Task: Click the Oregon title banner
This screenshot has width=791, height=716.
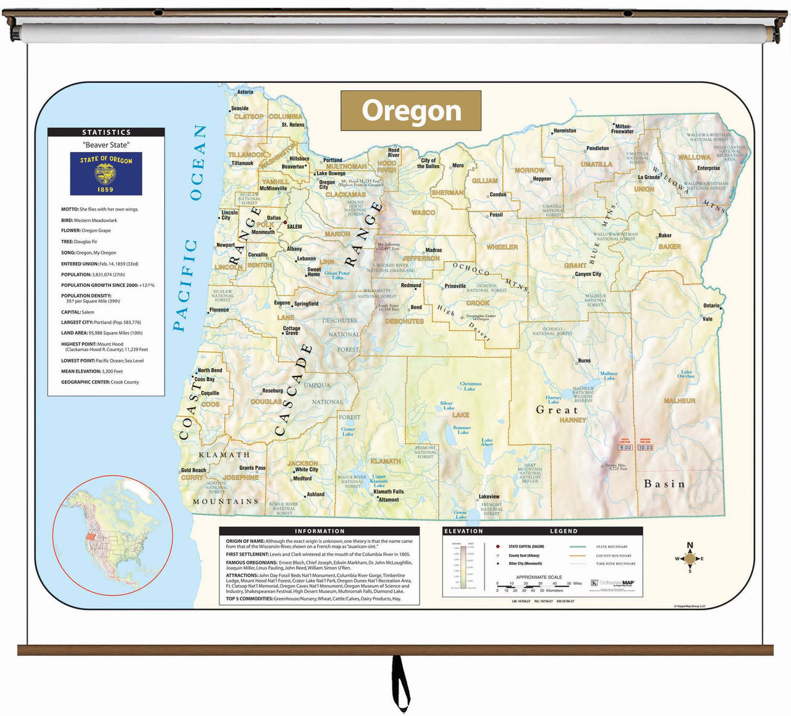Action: tap(411, 111)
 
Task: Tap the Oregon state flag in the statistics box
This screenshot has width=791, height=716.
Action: tap(106, 174)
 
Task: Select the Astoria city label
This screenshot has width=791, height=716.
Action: tap(245, 92)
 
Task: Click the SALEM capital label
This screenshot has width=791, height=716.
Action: tap(295, 226)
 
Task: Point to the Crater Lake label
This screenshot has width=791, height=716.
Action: tap(348, 432)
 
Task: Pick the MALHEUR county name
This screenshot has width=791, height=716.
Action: tap(679, 401)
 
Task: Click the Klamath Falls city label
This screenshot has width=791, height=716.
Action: tap(389, 492)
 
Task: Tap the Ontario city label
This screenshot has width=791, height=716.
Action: tap(711, 305)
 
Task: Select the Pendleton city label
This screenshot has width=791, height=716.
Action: tap(598, 148)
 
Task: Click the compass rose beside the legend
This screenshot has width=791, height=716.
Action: tap(690, 558)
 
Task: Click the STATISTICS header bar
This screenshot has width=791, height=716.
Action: tap(106, 132)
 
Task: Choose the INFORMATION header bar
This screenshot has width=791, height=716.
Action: tap(319, 531)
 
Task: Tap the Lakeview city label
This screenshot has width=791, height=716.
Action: tap(489, 497)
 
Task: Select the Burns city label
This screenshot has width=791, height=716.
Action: tap(584, 360)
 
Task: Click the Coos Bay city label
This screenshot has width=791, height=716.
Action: tap(205, 380)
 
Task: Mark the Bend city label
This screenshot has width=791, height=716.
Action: tap(417, 307)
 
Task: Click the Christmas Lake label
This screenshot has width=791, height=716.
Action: tap(470, 386)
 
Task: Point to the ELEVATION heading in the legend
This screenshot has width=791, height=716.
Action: tap(463, 531)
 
